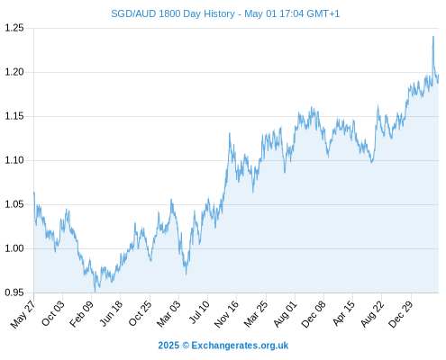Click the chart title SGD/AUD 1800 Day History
173,13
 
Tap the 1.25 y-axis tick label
14,28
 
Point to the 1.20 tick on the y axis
14,72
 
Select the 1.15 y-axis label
14,116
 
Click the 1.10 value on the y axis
14,160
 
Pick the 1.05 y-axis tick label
14,204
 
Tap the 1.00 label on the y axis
14,248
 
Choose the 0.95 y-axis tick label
14,292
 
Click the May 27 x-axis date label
23,314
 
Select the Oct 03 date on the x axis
53,313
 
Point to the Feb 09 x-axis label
81,313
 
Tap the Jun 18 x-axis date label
111,313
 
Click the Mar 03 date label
168,313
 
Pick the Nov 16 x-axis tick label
226,314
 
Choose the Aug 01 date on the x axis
286,313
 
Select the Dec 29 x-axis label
401,314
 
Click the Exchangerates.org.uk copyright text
240,346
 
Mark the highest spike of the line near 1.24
433,37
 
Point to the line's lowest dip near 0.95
95,292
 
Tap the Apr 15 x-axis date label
344,313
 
